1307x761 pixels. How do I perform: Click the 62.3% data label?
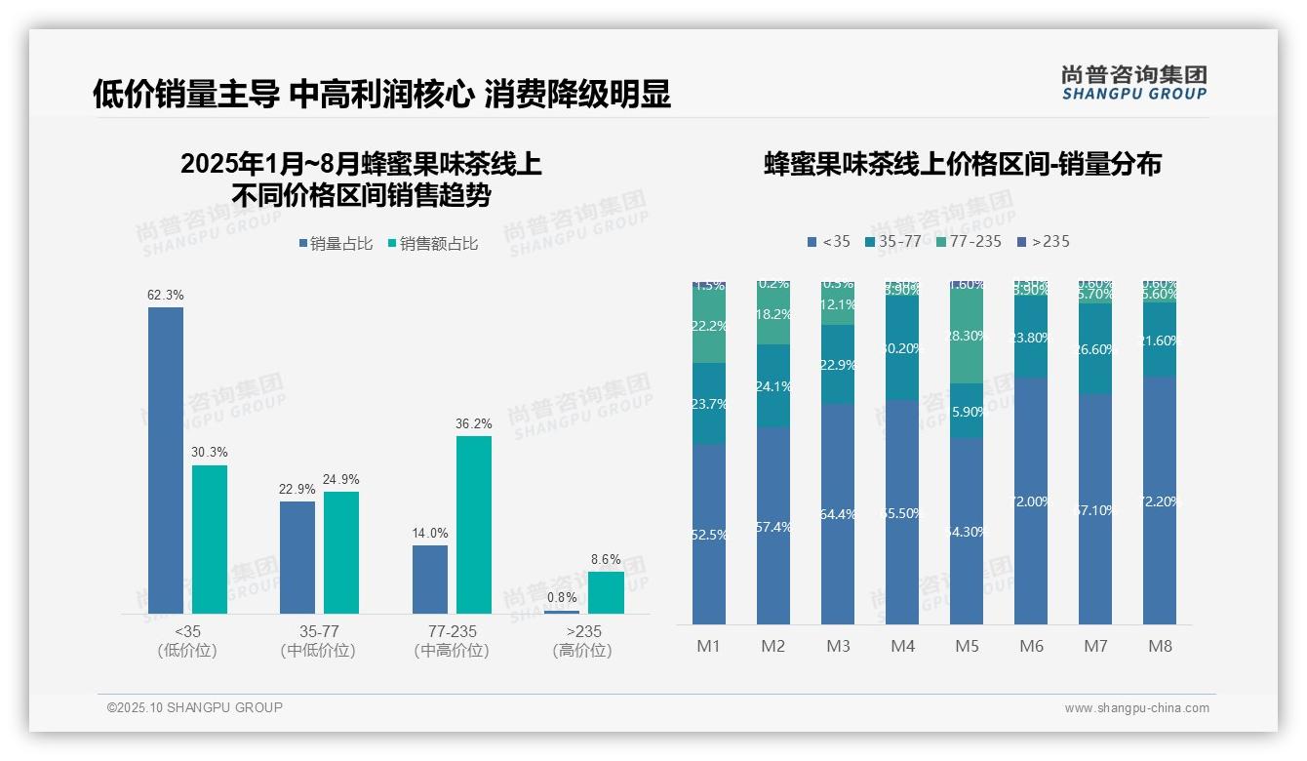[166, 295]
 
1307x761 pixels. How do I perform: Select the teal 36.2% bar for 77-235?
[474, 524]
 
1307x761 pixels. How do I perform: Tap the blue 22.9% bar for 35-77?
[297, 557]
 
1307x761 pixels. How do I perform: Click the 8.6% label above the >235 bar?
[606, 559]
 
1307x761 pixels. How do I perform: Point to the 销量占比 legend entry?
[336, 244]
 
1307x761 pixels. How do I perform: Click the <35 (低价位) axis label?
[186, 641]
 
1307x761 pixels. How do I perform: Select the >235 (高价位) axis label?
[582, 641]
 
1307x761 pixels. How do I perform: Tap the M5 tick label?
[967, 646]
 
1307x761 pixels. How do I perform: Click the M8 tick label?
[1160, 646]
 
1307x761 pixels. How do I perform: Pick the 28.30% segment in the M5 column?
[967, 337]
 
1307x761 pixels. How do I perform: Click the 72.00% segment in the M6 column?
[1031, 501]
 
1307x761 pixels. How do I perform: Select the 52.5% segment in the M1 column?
[708, 534]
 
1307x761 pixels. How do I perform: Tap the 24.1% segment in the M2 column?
[772, 386]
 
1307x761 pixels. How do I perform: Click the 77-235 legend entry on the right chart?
[968, 241]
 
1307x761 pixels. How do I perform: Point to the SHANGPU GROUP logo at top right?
[1133, 83]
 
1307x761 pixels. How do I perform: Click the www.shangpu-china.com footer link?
[1136, 708]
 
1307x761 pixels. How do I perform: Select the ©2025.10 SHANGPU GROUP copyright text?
[195, 707]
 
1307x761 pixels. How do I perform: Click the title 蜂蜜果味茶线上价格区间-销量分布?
[962, 164]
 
